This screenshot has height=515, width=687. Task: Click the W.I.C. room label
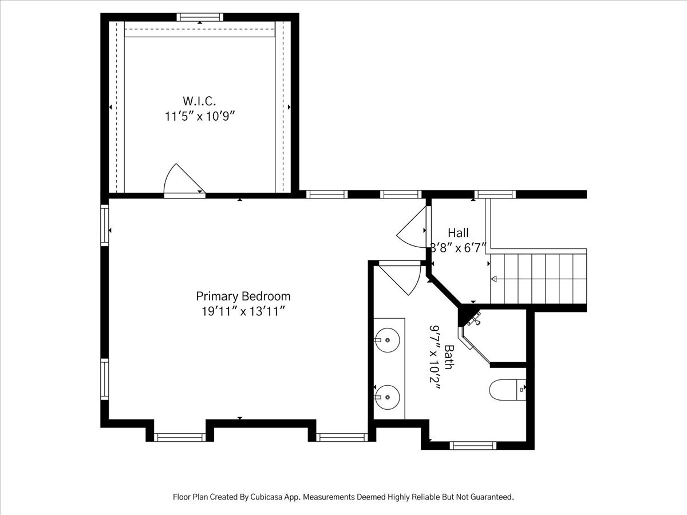pyautogui.click(x=199, y=101)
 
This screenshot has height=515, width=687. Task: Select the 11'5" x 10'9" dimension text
pyautogui.click(x=200, y=117)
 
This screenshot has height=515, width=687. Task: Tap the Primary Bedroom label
pyautogui.click(x=243, y=296)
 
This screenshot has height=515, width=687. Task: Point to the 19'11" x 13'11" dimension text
pyautogui.click(x=243, y=311)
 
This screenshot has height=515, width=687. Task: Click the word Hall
pyautogui.click(x=458, y=233)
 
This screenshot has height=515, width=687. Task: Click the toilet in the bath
pyautogui.click(x=508, y=390)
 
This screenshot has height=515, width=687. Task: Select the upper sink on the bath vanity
pyautogui.click(x=387, y=340)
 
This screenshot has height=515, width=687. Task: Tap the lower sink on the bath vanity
pyautogui.click(x=387, y=397)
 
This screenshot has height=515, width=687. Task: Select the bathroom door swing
pyautogui.click(x=400, y=278)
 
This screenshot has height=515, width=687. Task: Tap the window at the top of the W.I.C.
pyautogui.click(x=200, y=17)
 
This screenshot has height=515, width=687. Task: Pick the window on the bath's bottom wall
pyautogui.click(x=473, y=445)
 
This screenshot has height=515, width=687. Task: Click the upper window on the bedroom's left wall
pyautogui.click(x=105, y=225)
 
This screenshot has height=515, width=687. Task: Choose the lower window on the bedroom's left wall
pyautogui.click(x=105, y=379)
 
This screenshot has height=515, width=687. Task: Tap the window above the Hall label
pyautogui.click(x=495, y=194)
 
